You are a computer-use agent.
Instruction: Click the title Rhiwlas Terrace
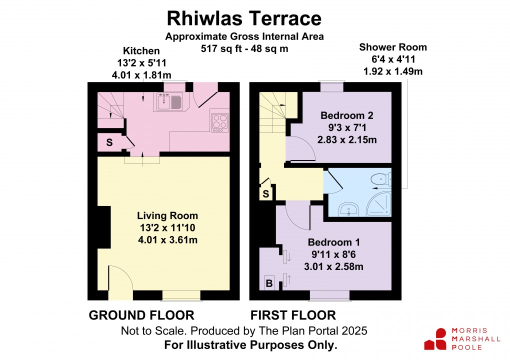click(x=243, y=18)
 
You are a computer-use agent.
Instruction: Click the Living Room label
click(x=167, y=216)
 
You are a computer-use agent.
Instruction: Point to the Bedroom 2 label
click(x=346, y=115)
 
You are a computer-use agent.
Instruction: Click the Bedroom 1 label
click(x=333, y=242)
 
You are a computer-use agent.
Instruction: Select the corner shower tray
click(x=379, y=205)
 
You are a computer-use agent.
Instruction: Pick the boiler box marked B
click(x=269, y=284)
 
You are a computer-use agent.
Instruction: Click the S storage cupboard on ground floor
click(x=109, y=143)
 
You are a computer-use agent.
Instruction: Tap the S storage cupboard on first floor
click(x=266, y=193)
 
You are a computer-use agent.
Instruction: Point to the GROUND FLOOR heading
click(x=141, y=315)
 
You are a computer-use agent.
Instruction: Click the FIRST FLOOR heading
click(x=293, y=315)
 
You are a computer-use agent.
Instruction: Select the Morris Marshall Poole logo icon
click(x=435, y=339)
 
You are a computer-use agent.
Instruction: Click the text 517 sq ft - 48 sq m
click(x=244, y=49)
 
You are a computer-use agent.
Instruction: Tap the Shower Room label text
click(x=393, y=47)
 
